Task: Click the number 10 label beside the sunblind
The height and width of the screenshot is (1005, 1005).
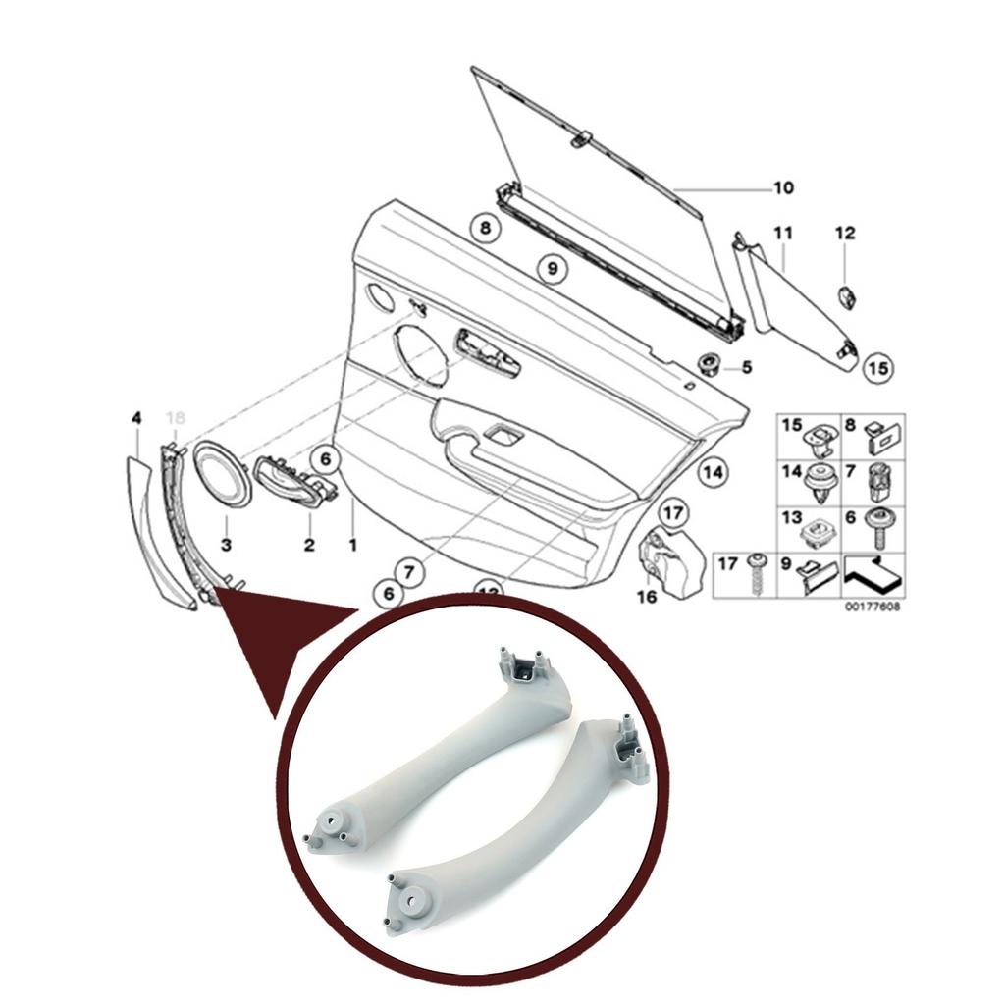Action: pyautogui.click(x=783, y=187)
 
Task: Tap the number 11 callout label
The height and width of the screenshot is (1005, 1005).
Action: pyautogui.click(x=782, y=233)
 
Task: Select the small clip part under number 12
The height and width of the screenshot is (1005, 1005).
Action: pyautogui.click(x=845, y=294)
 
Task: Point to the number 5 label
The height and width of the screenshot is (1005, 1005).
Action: pyautogui.click(x=746, y=368)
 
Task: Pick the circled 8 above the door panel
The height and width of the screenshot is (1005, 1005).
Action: pyautogui.click(x=484, y=229)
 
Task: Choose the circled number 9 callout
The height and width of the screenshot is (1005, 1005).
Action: pyautogui.click(x=552, y=268)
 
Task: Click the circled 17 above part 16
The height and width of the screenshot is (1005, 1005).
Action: pyautogui.click(x=672, y=512)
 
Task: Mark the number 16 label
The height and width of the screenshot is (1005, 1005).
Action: pyautogui.click(x=646, y=597)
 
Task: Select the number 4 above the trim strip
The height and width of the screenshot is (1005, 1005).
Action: pyautogui.click(x=135, y=419)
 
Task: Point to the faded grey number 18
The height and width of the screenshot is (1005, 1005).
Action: pyautogui.click(x=175, y=419)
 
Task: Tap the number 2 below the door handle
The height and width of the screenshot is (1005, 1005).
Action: pyautogui.click(x=308, y=545)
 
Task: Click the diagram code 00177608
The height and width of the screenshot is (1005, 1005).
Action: pyautogui.click(x=873, y=606)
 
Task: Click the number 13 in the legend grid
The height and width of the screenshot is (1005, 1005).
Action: pyautogui.click(x=791, y=517)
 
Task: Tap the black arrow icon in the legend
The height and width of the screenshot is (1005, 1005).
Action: pyautogui.click(x=873, y=568)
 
